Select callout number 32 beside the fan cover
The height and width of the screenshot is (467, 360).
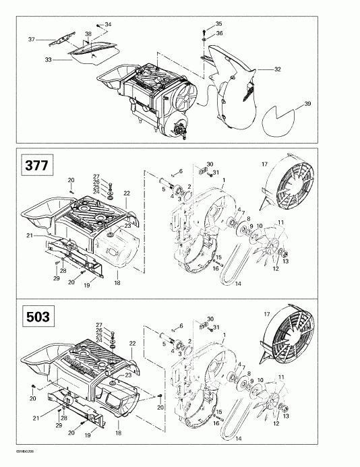point(278,69)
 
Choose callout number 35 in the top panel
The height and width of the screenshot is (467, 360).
point(218,24)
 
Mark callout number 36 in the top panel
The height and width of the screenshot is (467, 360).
point(219,34)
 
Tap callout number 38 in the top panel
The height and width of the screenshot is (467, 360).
point(88,34)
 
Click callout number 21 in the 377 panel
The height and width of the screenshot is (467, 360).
point(29,235)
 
